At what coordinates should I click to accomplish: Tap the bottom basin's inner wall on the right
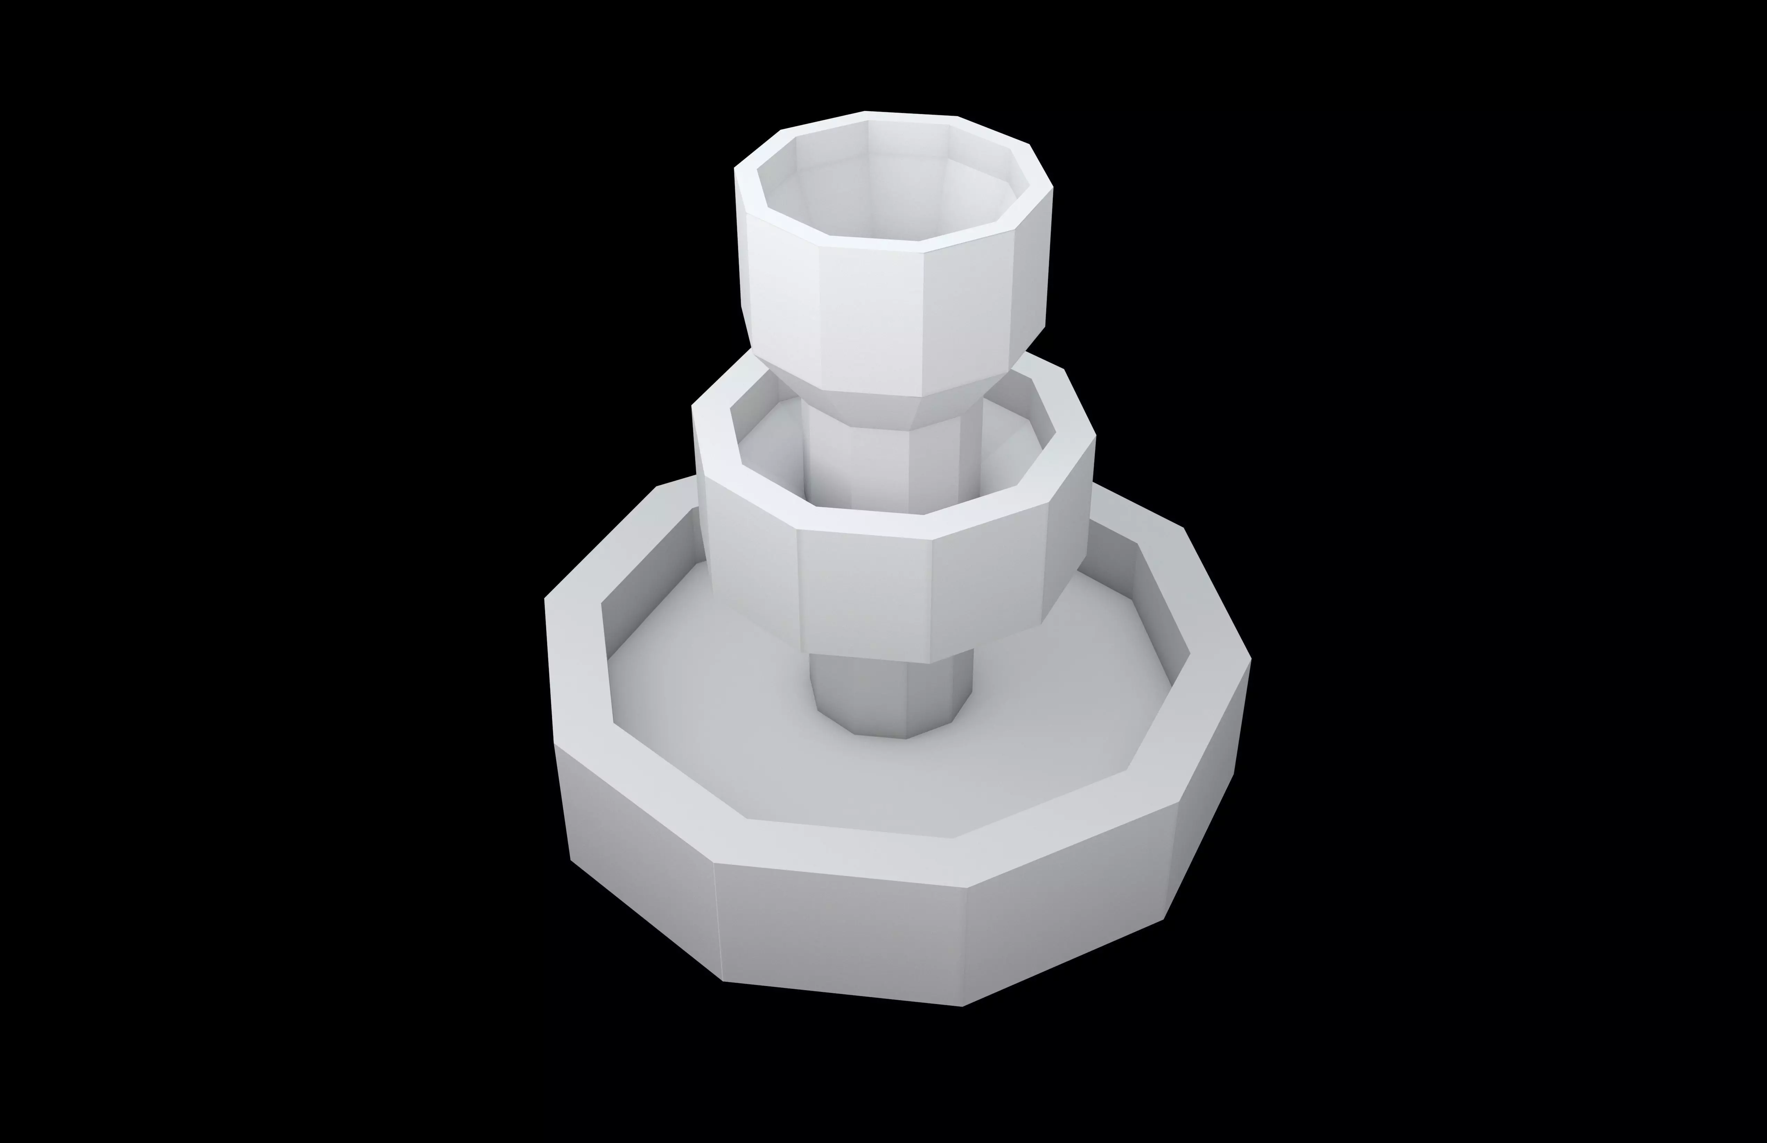tap(1158, 594)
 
